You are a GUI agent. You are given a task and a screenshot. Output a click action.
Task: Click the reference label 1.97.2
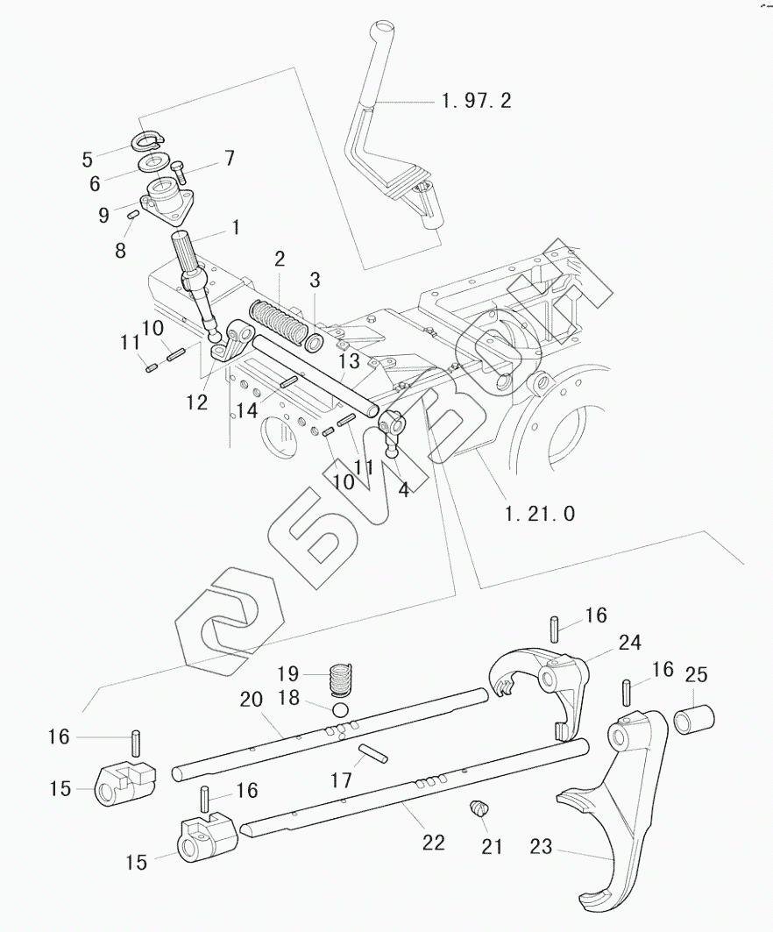click(477, 101)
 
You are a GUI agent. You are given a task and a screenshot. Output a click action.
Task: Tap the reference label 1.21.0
click(540, 513)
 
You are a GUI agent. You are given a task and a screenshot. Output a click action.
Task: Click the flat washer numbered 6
click(153, 163)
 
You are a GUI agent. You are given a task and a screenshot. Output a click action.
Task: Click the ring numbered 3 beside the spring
click(315, 342)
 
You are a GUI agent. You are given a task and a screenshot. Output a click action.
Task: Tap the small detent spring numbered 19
click(341, 679)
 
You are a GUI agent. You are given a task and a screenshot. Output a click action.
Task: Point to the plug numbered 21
click(478, 809)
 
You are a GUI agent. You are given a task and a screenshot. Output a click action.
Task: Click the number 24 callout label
click(630, 643)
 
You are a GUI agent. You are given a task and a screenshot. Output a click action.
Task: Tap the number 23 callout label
click(542, 846)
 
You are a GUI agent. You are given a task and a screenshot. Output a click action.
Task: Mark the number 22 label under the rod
click(433, 843)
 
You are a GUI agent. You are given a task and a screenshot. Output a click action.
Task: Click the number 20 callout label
click(252, 699)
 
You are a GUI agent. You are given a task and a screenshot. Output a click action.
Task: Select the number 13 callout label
click(350, 361)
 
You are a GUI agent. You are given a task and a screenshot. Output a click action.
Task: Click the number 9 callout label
click(104, 215)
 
